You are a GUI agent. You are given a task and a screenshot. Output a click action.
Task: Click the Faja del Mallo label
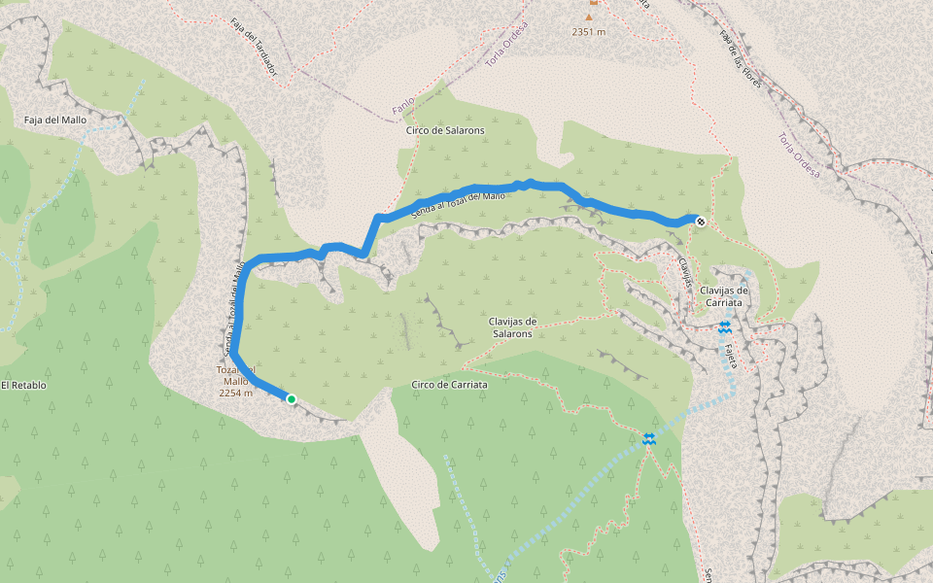55,120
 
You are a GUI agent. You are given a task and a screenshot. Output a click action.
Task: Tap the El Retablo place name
23,385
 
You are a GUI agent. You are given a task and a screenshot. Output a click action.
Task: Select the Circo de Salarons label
445,129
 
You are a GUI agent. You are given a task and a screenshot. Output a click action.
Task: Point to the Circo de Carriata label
449,385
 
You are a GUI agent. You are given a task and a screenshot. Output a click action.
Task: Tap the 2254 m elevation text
236,394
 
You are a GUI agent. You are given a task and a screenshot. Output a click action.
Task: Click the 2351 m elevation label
588,32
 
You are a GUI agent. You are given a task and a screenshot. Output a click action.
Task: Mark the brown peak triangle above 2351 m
588,16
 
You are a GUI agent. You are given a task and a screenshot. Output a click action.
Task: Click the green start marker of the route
291,398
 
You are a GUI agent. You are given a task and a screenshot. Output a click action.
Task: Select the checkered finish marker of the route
700,222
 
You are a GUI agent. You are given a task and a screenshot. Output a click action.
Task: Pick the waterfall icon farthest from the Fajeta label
649,440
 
